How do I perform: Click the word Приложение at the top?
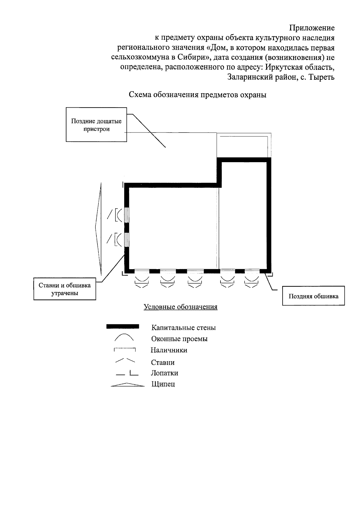tap(312, 28)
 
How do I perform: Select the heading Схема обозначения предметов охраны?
tap(198, 95)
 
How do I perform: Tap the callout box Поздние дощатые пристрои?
tap(96, 125)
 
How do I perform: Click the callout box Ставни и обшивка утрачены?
tap(64, 289)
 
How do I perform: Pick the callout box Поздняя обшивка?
tap(313, 296)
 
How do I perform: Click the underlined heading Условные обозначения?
tap(181, 307)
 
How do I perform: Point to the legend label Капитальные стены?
tap(183, 328)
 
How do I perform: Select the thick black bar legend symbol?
tap(123, 326)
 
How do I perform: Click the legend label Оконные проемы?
tap(179, 339)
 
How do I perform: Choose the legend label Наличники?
tap(169, 350)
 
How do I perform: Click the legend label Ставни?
tap(163, 362)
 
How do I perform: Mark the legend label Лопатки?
tap(164, 373)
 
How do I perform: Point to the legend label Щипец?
tap(163, 384)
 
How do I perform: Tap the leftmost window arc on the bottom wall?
tap(142, 279)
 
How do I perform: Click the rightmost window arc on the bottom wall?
tap(251, 279)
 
